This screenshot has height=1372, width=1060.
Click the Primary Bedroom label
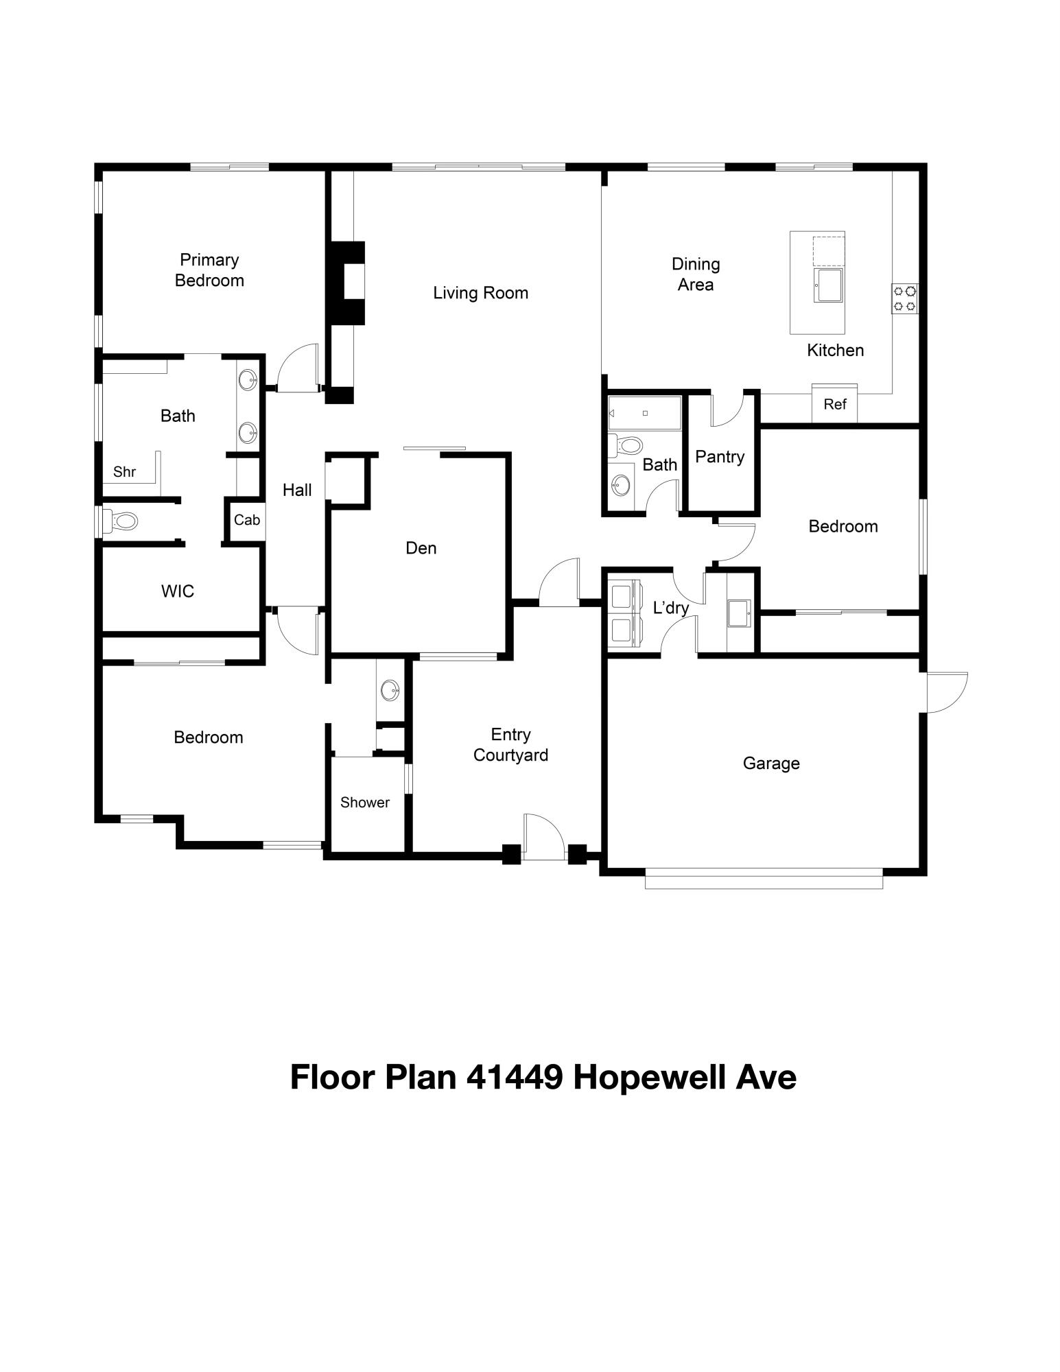pyautogui.click(x=209, y=270)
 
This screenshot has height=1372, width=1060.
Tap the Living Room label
pyautogui.click(x=480, y=293)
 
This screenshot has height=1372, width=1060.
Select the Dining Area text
pyautogui.click(x=696, y=274)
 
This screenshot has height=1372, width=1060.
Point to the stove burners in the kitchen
pyautogui.click(x=905, y=299)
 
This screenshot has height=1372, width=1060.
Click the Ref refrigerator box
pyautogui.click(x=835, y=403)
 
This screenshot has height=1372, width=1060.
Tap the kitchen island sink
pyautogui.click(x=829, y=285)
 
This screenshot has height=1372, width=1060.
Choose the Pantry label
pyautogui.click(x=720, y=457)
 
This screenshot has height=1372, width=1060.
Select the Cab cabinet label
pyautogui.click(x=247, y=520)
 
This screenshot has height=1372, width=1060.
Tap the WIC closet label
pyautogui.click(x=178, y=591)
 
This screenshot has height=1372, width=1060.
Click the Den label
pyautogui.click(x=421, y=548)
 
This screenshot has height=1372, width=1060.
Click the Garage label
pyautogui.click(x=771, y=764)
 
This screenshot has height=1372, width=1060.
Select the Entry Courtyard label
pyautogui.click(x=510, y=745)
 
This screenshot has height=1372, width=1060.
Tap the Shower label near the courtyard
pyautogui.click(x=365, y=803)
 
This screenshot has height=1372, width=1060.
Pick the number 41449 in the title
pyautogui.click(x=515, y=1078)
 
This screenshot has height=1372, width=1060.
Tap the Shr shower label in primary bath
pyautogui.click(x=124, y=472)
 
